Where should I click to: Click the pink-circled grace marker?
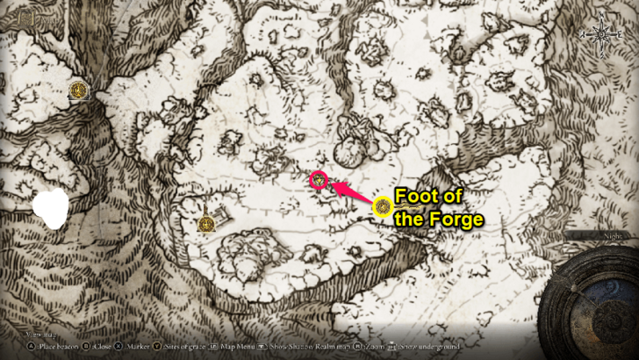tap(319, 180)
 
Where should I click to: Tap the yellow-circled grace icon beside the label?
tap(382, 207)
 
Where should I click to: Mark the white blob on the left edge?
tap(50, 212)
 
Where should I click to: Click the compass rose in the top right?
tap(603, 35)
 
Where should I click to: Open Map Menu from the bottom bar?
tap(239, 347)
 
